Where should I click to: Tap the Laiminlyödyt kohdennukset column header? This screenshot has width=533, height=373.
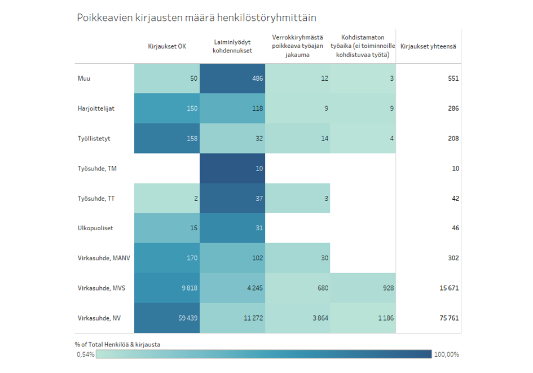(x=232, y=46)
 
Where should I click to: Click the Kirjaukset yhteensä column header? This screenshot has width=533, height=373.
(x=428, y=46)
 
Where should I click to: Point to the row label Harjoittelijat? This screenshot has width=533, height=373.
(x=96, y=108)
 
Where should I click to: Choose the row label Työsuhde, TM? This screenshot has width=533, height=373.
(x=97, y=168)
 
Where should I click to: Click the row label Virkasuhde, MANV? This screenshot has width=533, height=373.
(x=104, y=258)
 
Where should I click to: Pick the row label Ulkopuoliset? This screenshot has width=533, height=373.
(x=95, y=228)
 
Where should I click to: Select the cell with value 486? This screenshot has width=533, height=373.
(x=232, y=78)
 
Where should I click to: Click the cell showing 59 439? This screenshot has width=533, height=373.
(x=167, y=318)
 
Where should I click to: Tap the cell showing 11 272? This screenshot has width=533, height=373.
(x=232, y=318)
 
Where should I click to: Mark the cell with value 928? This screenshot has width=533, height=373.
(x=363, y=288)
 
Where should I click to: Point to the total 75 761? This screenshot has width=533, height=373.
(x=449, y=318)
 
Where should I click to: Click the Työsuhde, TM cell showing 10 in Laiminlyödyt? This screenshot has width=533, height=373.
(x=232, y=168)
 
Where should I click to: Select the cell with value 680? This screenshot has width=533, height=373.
(x=297, y=288)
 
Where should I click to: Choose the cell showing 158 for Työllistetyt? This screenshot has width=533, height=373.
(x=167, y=138)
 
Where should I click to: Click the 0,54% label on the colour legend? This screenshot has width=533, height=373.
(x=85, y=354)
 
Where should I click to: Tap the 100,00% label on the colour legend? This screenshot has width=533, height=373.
(x=446, y=354)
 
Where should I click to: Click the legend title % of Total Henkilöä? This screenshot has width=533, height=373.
(x=121, y=344)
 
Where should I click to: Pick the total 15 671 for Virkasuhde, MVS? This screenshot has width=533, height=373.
(x=449, y=288)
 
